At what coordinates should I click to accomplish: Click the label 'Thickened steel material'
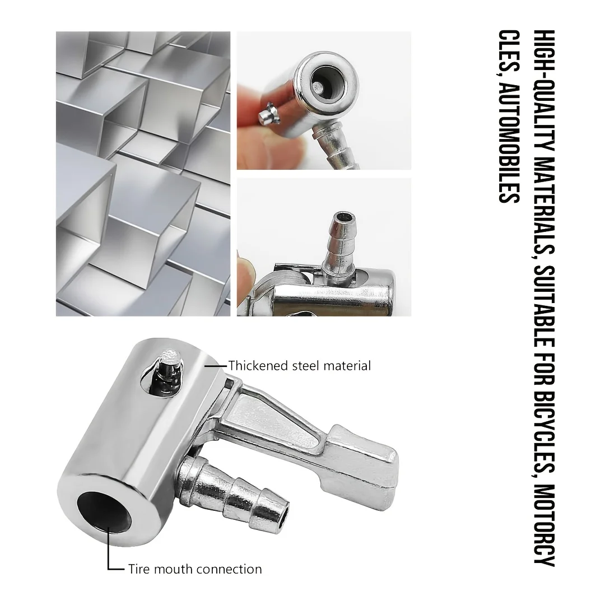(299, 366)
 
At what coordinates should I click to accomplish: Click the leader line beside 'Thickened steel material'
(217, 366)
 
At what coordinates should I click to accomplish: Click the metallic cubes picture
(143, 174)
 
